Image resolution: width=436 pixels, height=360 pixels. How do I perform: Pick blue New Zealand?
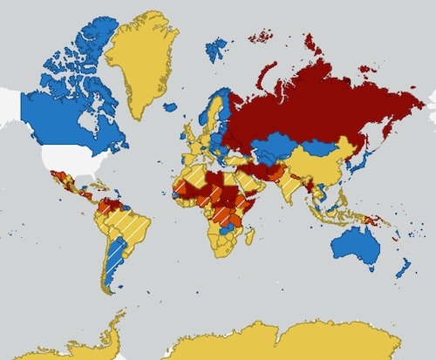click(404, 266)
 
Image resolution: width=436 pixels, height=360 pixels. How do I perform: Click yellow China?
click(318, 166)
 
